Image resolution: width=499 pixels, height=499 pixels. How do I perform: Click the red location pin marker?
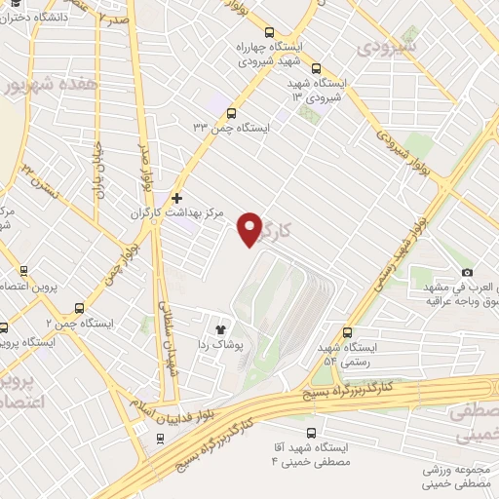point(252,229)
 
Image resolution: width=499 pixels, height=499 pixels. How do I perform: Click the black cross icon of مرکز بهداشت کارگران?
point(175,197)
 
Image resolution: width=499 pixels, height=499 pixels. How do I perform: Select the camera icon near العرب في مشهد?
point(468,272)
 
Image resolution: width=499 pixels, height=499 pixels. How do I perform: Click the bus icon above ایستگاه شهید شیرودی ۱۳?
point(316,68)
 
